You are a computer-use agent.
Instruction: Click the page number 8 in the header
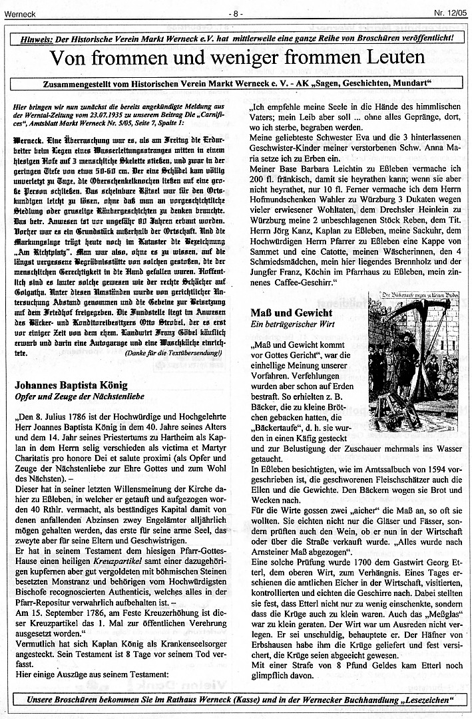236,13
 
